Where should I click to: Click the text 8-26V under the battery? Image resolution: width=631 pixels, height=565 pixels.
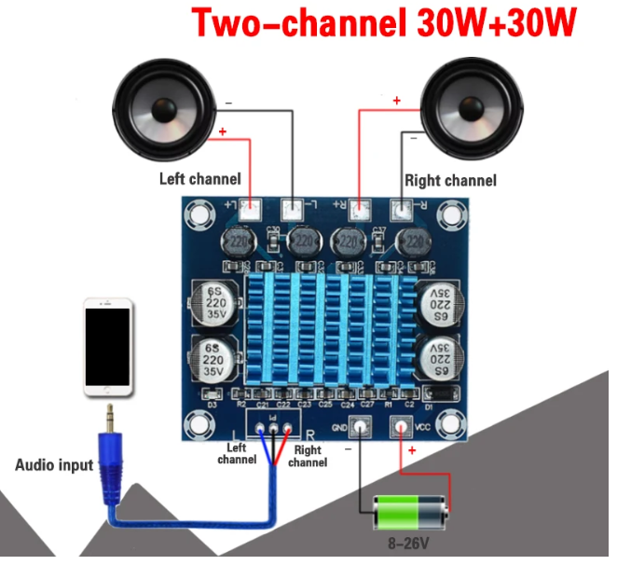(410, 543)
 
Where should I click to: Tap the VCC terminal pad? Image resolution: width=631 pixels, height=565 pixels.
(402, 428)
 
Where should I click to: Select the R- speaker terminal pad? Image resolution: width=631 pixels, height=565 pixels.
(403, 210)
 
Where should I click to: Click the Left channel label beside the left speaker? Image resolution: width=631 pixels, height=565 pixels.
(199, 178)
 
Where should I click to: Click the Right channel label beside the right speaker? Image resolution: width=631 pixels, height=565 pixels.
(450, 180)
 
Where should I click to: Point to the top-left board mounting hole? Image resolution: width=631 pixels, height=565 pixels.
(199, 215)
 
